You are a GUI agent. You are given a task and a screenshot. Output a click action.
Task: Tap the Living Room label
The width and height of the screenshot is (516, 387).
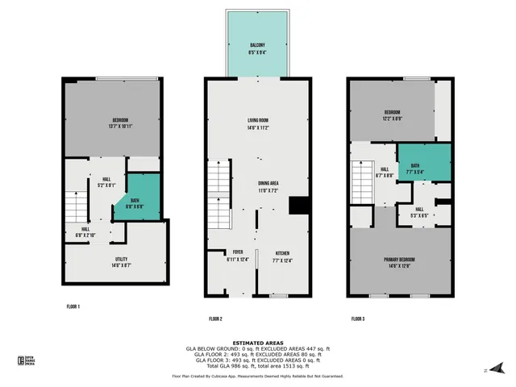tap(258, 123)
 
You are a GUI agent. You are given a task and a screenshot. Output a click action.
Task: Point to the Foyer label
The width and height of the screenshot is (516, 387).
tap(239, 256)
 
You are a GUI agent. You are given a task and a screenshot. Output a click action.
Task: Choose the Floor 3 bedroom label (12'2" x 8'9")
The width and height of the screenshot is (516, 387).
tap(393, 114)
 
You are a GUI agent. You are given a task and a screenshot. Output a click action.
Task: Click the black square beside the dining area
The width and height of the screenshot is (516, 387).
tap(300, 205)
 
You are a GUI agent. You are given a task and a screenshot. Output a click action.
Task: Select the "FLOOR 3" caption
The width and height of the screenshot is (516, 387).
tap(357, 319)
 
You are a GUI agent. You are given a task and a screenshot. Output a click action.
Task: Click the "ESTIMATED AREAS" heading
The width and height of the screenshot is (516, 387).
tap(258, 343)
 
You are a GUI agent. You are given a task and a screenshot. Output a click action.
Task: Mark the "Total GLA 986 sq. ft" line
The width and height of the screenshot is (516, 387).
tap(258, 367)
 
